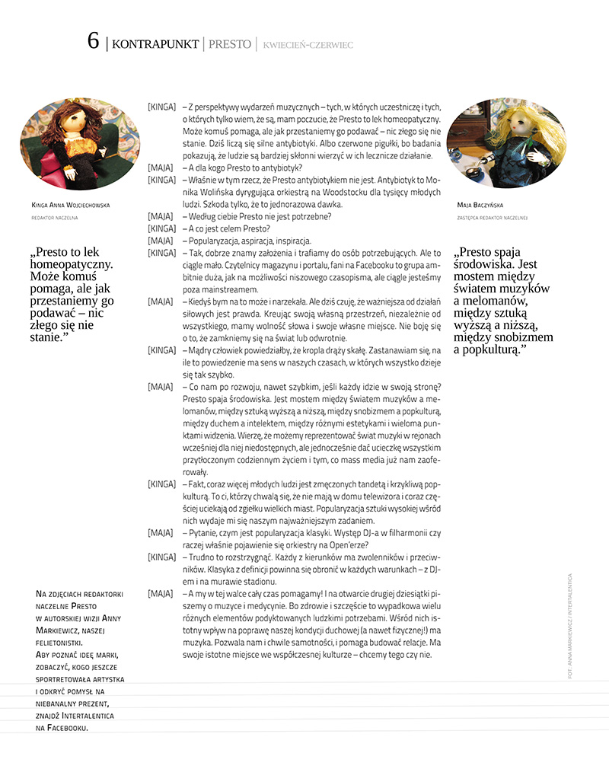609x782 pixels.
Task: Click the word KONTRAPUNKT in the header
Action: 155,44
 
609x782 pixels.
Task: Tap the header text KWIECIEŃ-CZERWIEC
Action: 308,45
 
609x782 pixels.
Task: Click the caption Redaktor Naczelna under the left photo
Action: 56,217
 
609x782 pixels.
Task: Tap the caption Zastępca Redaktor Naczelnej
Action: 493,217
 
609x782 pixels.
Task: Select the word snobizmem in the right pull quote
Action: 518,337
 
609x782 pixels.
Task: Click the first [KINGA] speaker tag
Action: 162,108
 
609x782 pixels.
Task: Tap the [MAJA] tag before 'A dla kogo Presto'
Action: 160,168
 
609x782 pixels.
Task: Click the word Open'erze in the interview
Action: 343,544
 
